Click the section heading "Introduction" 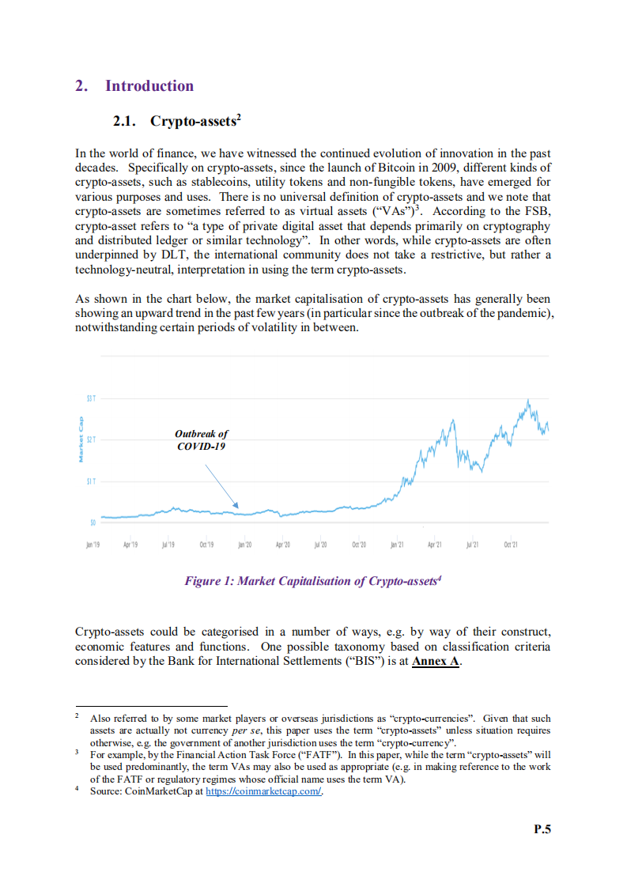pos(149,86)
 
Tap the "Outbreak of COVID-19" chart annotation pos(201,440)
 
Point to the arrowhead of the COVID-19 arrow pos(237,506)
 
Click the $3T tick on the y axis pos(91,398)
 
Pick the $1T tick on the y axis pos(91,481)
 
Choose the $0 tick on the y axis pos(93,522)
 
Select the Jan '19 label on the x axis pos(93,545)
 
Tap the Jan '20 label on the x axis pos(244,545)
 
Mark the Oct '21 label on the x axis pos(511,545)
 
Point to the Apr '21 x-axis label pos(435,545)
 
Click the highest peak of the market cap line pos(527,399)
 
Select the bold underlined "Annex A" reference pos(436,661)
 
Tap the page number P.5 pos(542,829)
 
